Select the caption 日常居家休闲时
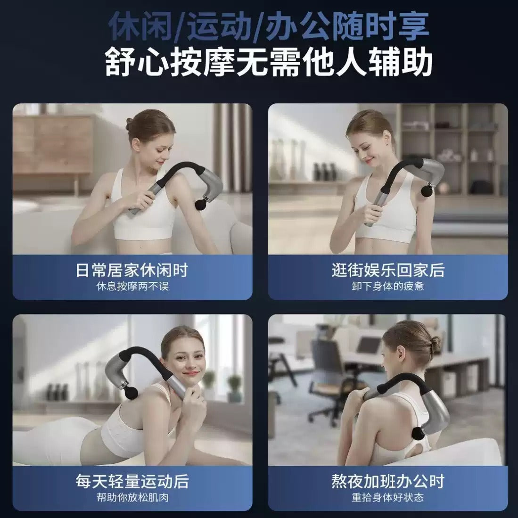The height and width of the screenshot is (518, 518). click(x=132, y=270)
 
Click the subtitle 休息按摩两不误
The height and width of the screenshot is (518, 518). click(x=132, y=286)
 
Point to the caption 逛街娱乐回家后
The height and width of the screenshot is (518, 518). click(x=388, y=270)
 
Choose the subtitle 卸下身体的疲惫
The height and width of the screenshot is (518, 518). click(x=388, y=286)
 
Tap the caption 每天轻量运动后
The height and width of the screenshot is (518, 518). click(x=132, y=481)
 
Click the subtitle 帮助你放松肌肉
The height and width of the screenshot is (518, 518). click(x=132, y=497)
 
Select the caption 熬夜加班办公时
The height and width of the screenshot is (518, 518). click(x=388, y=481)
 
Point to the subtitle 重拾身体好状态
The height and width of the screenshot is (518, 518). click(x=388, y=497)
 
